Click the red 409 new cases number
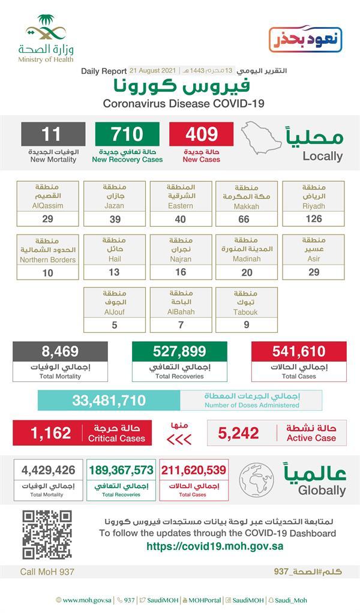click(x=201, y=134)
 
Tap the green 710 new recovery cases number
click(x=127, y=134)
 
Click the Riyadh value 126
click(x=314, y=219)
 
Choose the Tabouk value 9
click(x=247, y=324)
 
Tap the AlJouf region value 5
click(x=114, y=324)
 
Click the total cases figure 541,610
click(x=299, y=351)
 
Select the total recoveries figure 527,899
click(x=179, y=351)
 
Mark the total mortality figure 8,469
click(x=60, y=351)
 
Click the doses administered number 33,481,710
click(x=109, y=399)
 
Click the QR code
click(x=47, y=534)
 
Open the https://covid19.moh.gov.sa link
click(x=215, y=546)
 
